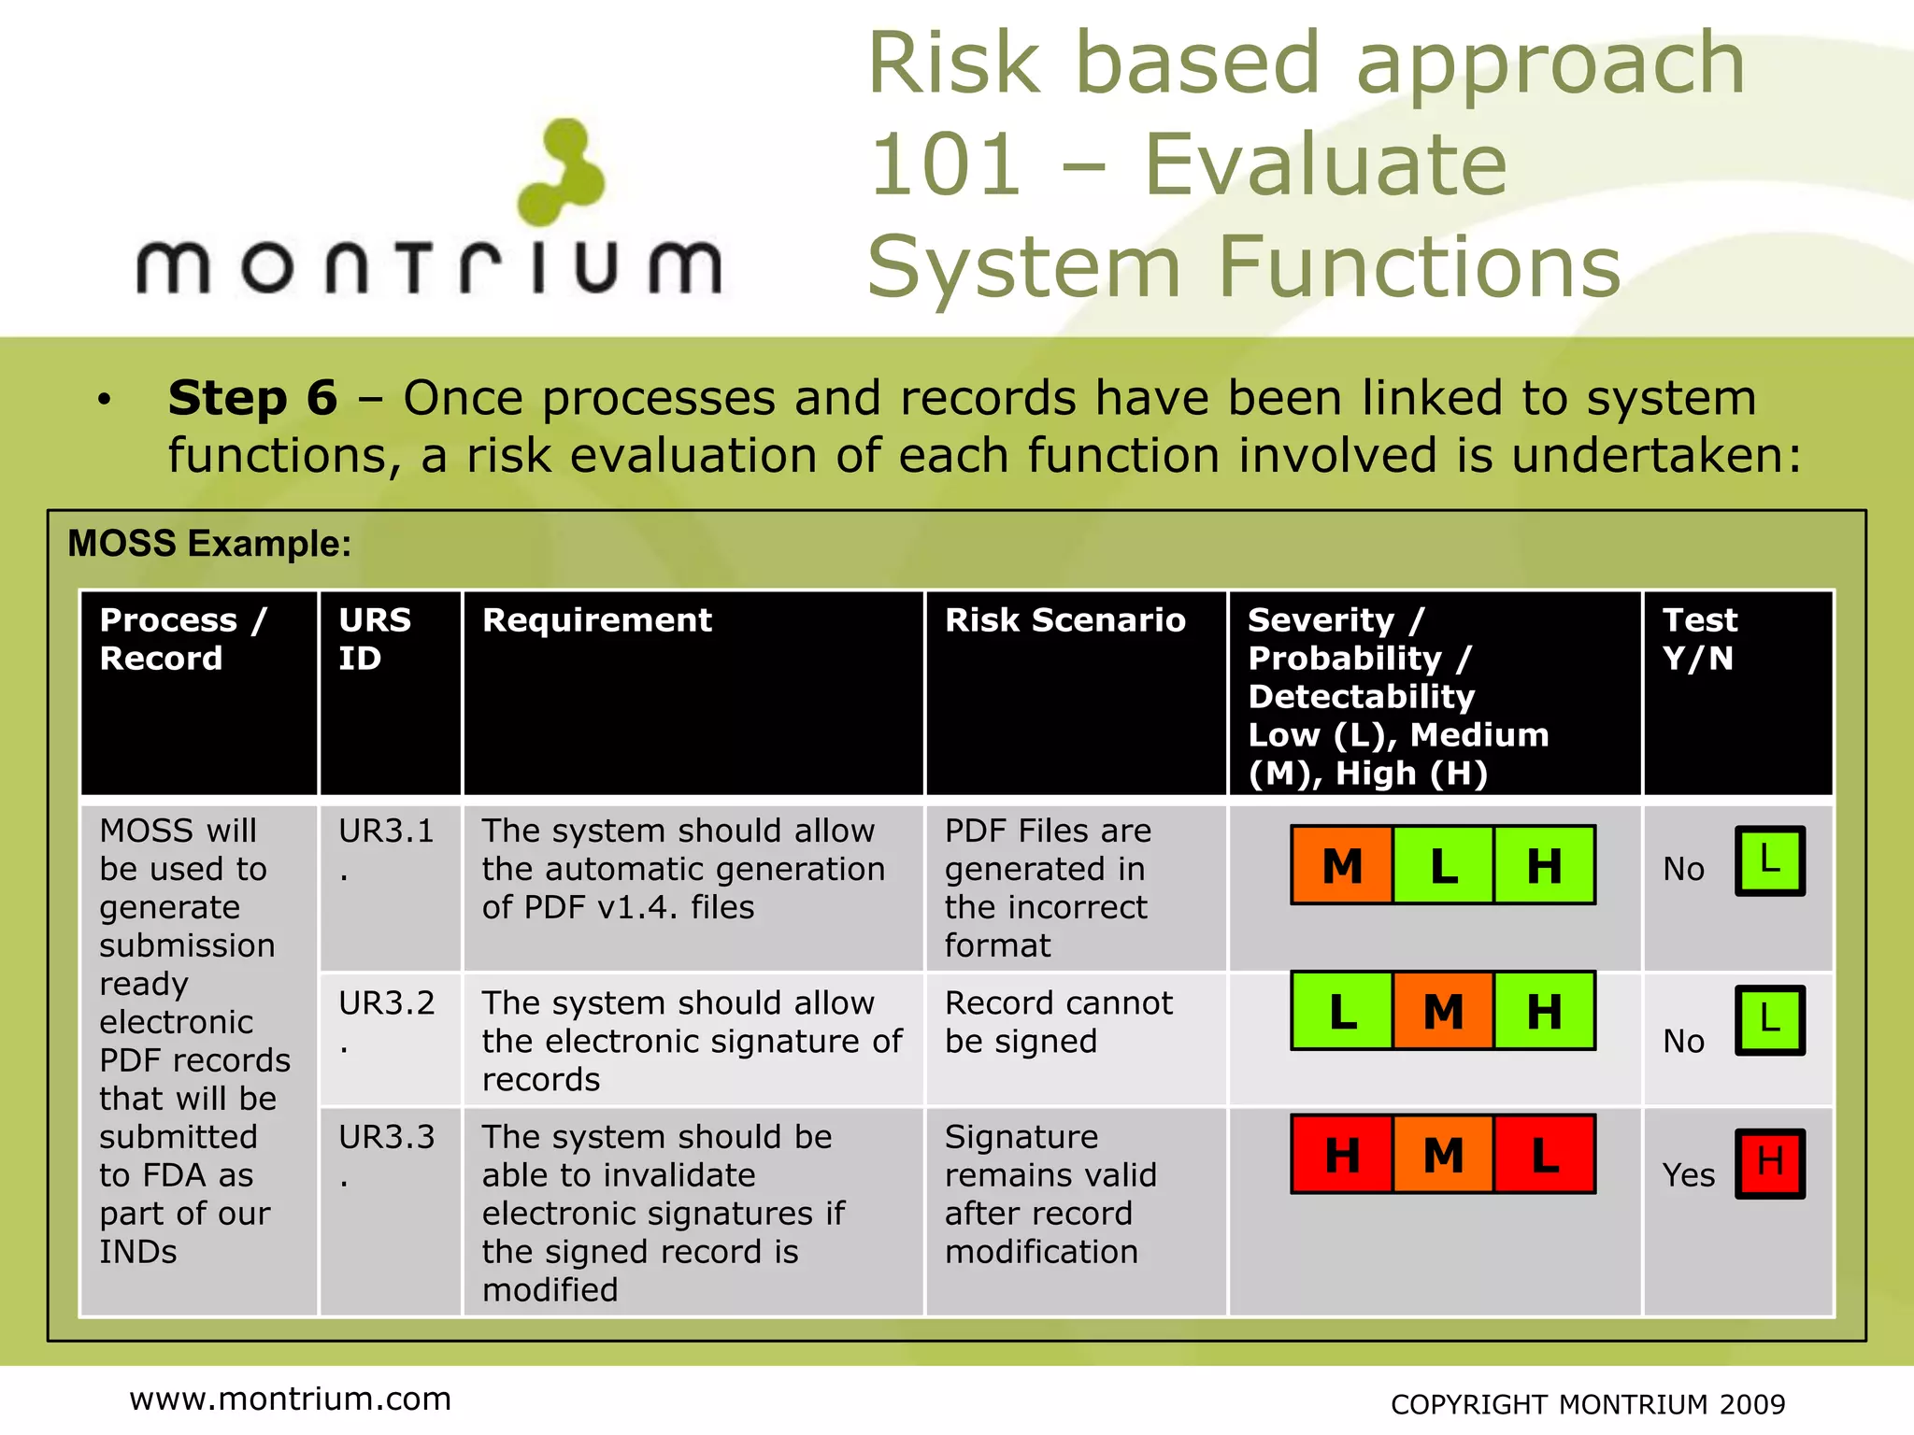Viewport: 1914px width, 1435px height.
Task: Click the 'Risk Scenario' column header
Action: (1064, 620)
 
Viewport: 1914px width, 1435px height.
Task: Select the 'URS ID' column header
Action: (375, 639)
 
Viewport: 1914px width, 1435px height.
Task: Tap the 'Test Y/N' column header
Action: (1699, 639)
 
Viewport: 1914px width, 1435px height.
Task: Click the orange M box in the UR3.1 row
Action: (1342, 865)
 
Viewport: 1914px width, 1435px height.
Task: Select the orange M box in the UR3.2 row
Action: (1443, 1011)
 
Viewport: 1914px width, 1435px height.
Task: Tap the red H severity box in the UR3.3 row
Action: (1342, 1155)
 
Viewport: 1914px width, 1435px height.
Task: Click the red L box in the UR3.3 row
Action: (1544, 1155)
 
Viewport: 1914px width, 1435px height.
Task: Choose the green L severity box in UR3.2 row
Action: (1342, 1011)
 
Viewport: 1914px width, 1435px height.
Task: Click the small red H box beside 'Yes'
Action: (1769, 1163)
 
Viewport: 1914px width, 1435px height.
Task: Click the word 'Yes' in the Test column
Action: (1688, 1175)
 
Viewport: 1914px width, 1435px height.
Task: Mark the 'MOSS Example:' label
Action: (209, 544)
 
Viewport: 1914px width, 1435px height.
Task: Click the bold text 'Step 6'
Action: (252, 399)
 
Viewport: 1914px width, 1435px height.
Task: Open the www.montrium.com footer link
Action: (290, 1399)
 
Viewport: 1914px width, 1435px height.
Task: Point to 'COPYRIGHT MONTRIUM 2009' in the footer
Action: (1587, 1404)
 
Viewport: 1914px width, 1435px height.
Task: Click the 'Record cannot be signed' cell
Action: (1058, 1022)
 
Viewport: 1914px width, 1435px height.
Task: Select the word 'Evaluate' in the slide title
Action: (1325, 165)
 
